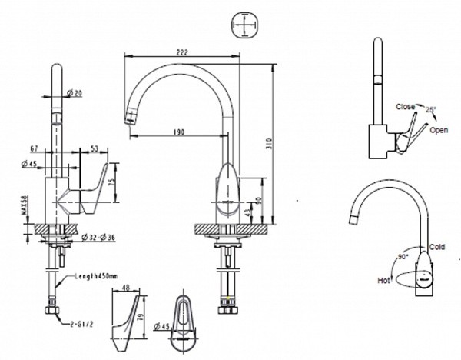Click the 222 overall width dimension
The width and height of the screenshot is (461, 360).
click(181, 50)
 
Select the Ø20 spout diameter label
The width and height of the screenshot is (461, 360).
click(75, 93)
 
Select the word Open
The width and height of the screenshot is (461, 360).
click(439, 130)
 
